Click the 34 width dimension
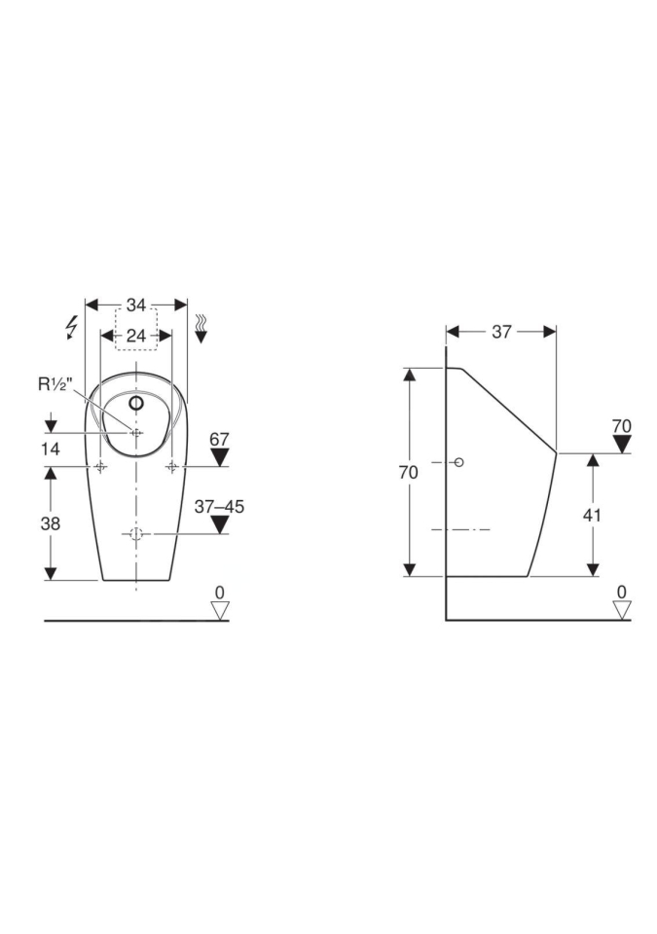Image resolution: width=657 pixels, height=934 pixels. (x=136, y=305)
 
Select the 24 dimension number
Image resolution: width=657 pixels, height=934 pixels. (x=136, y=336)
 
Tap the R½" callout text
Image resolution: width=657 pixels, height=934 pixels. (x=55, y=384)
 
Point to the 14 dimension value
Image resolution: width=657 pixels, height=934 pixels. (x=50, y=449)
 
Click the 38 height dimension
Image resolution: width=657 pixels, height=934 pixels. (x=50, y=523)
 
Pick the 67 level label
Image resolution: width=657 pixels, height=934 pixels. (x=219, y=439)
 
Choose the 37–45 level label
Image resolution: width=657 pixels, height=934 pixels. (x=219, y=507)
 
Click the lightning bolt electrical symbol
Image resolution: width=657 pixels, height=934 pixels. (x=72, y=328)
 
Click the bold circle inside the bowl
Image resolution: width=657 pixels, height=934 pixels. (x=136, y=403)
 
